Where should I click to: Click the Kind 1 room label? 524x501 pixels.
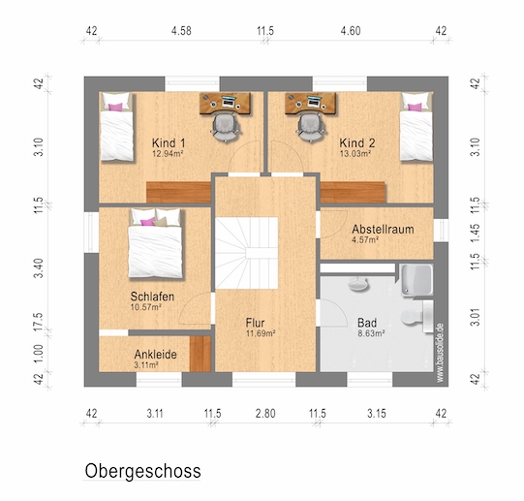(x=169, y=143)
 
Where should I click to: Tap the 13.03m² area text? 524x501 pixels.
(x=355, y=154)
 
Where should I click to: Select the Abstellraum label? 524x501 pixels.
(x=383, y=229)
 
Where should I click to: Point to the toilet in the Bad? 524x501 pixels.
(x=416, y=316)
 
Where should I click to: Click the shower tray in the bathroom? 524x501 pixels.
(x=417, y=280)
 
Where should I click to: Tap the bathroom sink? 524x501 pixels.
(x=357, y=284)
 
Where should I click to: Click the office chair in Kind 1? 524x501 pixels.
(x=226, y=127)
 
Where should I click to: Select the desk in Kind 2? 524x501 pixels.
(x=311, y=104)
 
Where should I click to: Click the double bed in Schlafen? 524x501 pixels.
(x=155, y=243)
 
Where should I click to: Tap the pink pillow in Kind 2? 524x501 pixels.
(x=415, y=107)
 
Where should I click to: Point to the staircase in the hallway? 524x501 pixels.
(x=246, y=253)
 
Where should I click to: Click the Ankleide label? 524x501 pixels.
(x=155, y=354)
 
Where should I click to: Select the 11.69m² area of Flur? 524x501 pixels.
(x=261, y=333)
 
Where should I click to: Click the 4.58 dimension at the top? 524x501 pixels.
(x=181, y=31)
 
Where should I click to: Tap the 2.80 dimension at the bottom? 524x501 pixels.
(x=265, y=414)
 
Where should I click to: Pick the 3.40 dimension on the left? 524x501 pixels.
(x=39, y=267)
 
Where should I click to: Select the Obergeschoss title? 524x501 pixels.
(x=142, y=471)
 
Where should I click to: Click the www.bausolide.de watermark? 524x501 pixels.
(x=440, y=353)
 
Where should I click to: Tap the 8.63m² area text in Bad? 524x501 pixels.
(x=371, y=333)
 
